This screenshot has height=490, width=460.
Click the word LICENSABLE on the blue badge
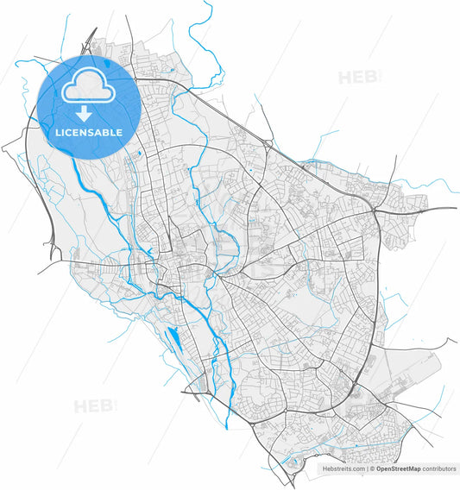coord(89,133)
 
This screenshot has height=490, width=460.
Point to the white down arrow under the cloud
coord(85,114)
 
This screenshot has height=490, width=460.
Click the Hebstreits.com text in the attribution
coord(343,468)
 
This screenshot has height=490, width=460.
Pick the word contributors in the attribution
coord(439,468)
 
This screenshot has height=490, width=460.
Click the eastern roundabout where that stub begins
coord(376,210)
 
